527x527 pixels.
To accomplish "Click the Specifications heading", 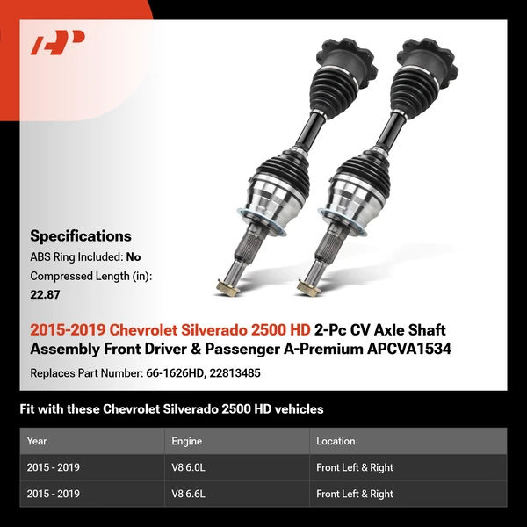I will pos(81,235).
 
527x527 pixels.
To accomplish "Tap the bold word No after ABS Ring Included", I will pos(134,257).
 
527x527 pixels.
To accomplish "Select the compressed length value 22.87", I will pos(45,294).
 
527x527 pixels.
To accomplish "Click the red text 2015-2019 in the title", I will pos(65,330).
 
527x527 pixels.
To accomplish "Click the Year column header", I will pos(37,441).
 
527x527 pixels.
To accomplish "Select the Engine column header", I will pos(187,441).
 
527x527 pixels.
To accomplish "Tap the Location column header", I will pos(336,441).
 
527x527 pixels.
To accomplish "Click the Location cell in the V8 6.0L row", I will pos(355,467).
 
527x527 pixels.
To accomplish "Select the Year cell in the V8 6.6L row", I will pos(54,494).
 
